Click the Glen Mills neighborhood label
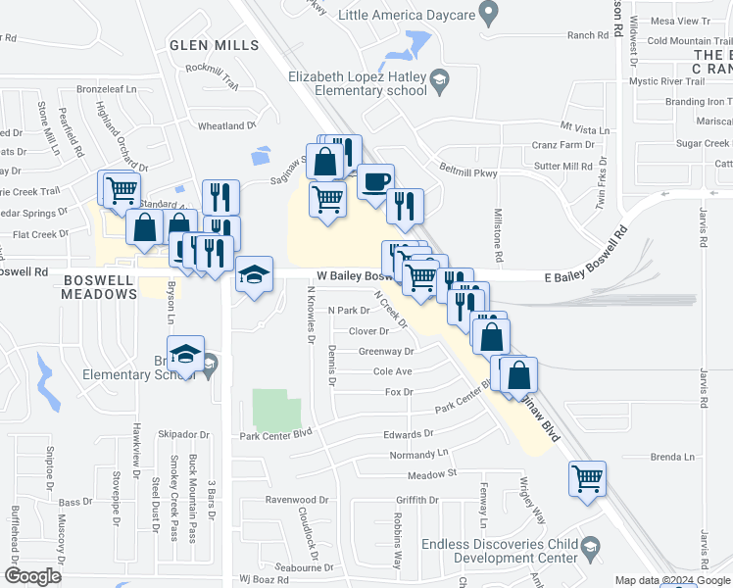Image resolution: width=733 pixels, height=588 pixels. [x=214, y=45]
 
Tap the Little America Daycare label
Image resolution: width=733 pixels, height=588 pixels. [x=407, y=15]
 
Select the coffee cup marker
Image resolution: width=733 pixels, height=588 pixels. [x=375, y=182]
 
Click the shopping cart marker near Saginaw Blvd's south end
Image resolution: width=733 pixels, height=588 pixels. [x=587, y=479]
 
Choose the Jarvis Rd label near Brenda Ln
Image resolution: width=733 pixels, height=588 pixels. [x=704, y=388]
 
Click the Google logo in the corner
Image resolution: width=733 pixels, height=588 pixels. [x=32, y=576]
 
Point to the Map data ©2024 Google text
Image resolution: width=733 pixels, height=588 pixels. [x=672, y=580]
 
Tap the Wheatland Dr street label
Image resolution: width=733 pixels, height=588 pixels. [x=226, y=126]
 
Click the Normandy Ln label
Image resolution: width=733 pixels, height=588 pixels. [x=417, y=455]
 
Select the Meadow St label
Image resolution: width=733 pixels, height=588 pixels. [x=432, y=474]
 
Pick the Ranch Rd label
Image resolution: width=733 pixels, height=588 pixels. [x=588, y=35]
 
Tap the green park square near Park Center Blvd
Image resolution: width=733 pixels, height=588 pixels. [x=276, y=411]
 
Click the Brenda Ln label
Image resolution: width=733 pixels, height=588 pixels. [x=671, y=457]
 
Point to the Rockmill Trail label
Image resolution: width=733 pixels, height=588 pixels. [x=218, y=74]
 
